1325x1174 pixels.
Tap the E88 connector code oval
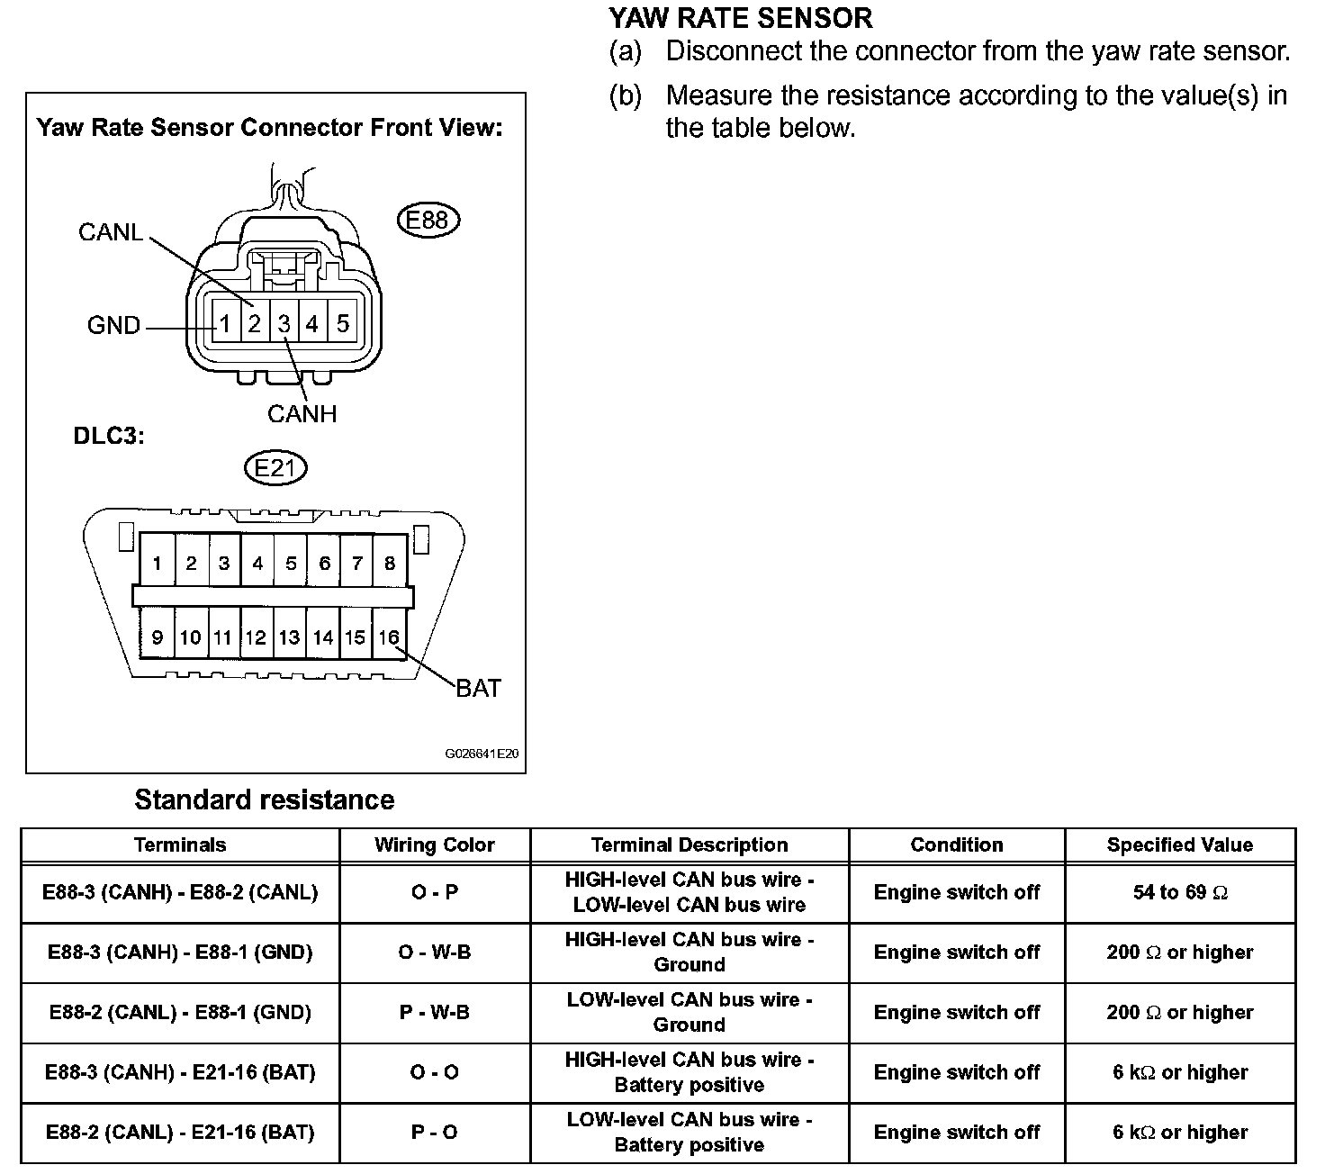tap(428, 221)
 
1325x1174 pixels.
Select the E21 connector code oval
tap(275, 468)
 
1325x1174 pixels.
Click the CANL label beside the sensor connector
tap(111, 232)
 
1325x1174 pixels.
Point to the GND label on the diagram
tap(113, 325)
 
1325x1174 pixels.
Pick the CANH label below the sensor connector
tap(302, 414)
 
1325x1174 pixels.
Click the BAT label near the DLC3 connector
tap(478, 689)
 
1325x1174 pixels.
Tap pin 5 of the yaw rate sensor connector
tap(342, 323)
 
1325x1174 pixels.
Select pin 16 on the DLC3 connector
tap(388, 637)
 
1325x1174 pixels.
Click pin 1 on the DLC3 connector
tap(157, 564)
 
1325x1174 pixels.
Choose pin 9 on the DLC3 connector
tap(157, 637)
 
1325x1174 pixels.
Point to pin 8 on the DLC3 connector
tap(389, 564)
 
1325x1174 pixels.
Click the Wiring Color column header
tap(435, 845)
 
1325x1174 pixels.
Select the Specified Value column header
tap(1179, 845)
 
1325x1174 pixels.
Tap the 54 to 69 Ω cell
tap(1179, 893)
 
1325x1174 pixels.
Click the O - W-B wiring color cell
tap(435, 953)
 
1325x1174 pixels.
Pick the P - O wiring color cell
tap(435, 1133)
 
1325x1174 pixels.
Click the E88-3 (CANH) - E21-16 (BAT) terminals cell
tap(180, 1073)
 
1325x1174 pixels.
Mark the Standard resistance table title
tap(264, 800)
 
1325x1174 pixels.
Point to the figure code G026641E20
tap(482, 754)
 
